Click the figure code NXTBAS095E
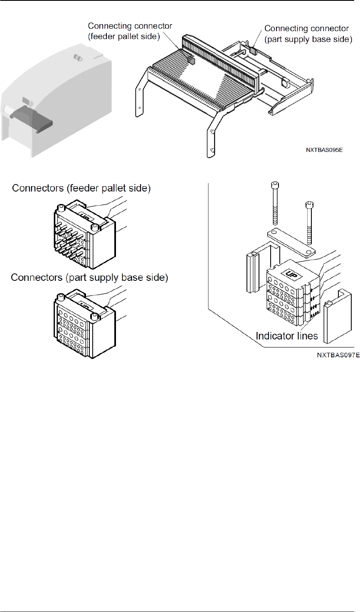point(324,150)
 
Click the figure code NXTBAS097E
point(338,355)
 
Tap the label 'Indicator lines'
point(286,336)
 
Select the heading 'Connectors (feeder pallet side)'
point(81,188)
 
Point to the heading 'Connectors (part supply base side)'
point(89,278)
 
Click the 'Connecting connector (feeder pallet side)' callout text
point(130,31)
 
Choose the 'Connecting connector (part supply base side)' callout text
point(308,34)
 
